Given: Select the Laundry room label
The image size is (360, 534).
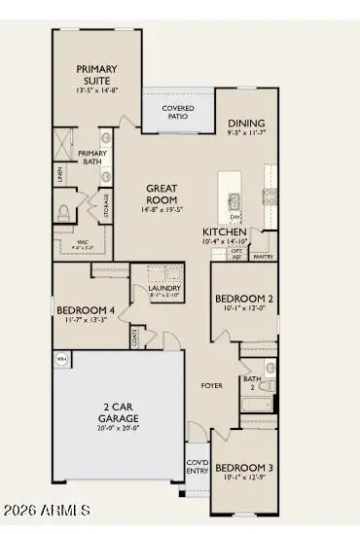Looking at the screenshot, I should click(x=162, y=288).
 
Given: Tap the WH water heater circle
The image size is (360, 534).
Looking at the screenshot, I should click(x=62, y=359).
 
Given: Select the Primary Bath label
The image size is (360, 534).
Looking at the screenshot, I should click(x=93, y=158).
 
